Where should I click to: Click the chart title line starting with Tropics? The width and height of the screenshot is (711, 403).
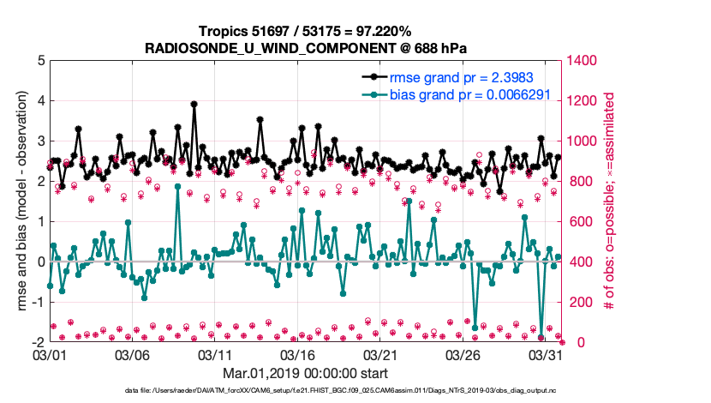(305, 31)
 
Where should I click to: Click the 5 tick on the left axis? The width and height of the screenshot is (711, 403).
(40, 61)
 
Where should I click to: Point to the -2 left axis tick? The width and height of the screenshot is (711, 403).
(38, 342)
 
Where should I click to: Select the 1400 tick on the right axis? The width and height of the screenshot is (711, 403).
(583, 61)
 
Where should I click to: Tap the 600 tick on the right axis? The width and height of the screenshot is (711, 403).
(580, 222)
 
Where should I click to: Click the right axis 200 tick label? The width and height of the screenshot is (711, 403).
(580, 302)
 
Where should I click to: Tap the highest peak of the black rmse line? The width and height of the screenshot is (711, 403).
(194, 104)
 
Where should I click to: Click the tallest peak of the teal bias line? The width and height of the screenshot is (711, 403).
(177, 186)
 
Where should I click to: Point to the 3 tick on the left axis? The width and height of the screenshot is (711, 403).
(40, 141)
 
